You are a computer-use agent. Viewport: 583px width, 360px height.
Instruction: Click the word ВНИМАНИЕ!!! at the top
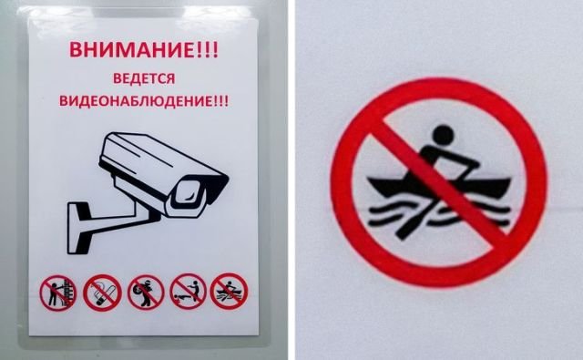click(x=144, y=49)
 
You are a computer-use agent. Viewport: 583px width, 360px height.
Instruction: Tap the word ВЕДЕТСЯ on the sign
click(x=144, y=79)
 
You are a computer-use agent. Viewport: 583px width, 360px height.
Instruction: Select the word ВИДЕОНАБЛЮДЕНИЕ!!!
click(x=144, y=101)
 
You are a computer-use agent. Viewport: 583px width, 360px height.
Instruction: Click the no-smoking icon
click(x=102, y=293)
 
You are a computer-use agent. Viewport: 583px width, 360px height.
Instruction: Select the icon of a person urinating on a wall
click(x=58, y=293)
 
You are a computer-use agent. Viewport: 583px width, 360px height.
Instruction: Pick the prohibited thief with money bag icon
click(x=146, y=293)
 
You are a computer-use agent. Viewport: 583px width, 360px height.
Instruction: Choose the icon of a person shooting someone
click(x=189, y=292)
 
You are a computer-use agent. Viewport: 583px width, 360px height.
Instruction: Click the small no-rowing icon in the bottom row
click(x=229, y=292)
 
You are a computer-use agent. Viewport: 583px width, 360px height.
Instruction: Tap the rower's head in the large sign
click(x=444, y=135)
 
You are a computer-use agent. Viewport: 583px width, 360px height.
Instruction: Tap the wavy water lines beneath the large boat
click(x=439, y=214)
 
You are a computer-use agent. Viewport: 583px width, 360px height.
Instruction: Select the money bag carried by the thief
click(x=141, y=289)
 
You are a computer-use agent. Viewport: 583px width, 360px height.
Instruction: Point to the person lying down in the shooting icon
click(x=180, y=298)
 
